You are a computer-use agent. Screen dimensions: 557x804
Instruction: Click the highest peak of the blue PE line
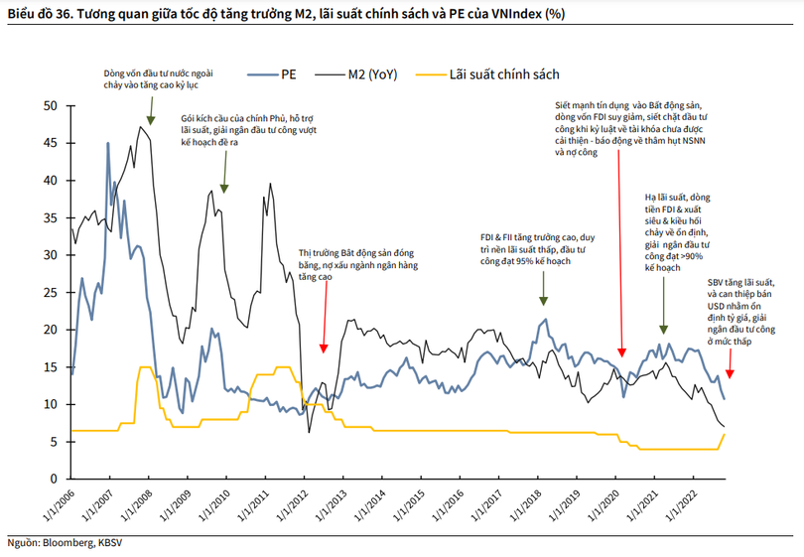pos(108,143)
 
